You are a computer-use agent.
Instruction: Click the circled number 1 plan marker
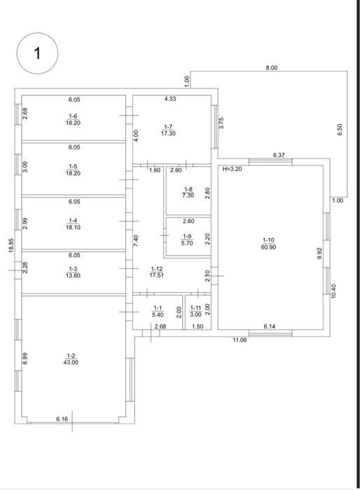point(37,53)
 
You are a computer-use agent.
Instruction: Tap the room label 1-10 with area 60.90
point(268,244)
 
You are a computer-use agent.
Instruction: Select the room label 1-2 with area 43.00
point(71,359)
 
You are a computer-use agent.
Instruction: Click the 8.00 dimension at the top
point(271,67)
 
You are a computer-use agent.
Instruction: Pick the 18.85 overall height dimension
point(11,245)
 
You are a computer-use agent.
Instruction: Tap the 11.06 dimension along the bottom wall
point(240,340)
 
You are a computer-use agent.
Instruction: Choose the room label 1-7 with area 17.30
point(168,130)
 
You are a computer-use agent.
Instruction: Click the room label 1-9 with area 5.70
point(188,240)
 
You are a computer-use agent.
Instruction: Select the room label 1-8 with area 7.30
point(188,192)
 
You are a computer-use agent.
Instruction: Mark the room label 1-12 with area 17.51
point(157,272)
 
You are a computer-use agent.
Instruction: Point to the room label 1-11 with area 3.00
point(196,311)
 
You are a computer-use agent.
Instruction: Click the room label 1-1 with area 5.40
point(158,311)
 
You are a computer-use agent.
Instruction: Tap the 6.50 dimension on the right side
point(340,130)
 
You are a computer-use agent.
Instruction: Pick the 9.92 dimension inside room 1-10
point(318,254)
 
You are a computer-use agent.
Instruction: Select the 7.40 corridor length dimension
point(136,240)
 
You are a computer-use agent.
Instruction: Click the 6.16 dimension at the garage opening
point(62,419)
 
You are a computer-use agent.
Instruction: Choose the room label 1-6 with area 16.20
point(73,120)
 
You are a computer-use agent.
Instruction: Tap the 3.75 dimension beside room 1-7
point(221,123)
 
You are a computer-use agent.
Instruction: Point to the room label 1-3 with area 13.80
point(73,272)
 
